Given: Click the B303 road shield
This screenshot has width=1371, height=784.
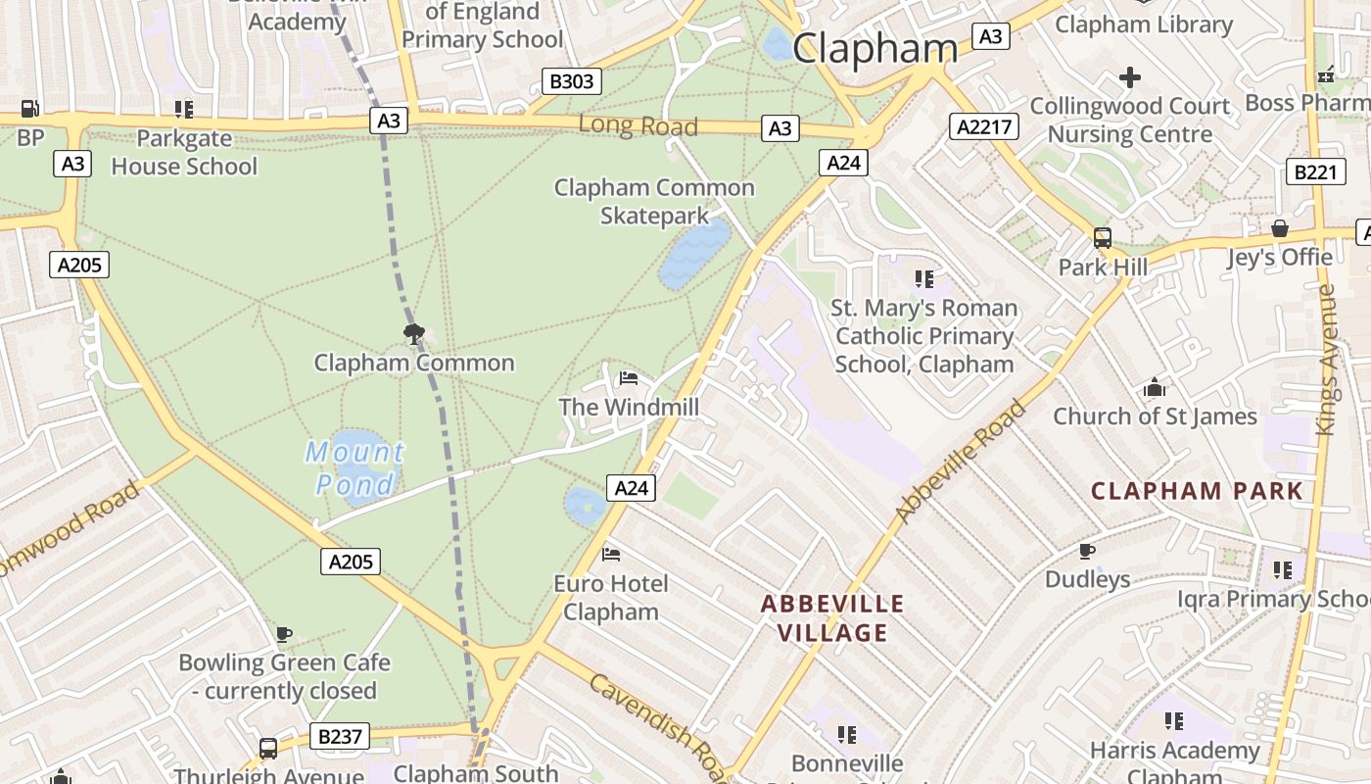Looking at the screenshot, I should point(572,81).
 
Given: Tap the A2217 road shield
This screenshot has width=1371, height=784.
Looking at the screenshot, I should point(984,126).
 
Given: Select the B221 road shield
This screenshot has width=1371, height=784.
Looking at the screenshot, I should point(1314,172).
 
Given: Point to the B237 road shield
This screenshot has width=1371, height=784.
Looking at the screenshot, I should point(341,736).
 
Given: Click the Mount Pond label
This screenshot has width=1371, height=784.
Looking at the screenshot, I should point(354,467).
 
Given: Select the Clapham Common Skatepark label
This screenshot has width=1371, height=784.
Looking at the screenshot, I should point(653,201).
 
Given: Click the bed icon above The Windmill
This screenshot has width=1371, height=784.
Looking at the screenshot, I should point(629,378).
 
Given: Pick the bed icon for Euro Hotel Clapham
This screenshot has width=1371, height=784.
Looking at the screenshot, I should point(611,555).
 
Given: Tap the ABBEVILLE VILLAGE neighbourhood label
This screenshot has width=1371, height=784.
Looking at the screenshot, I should point(832,617).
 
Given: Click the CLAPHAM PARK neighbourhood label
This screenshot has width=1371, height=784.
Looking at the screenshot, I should point(1197,491).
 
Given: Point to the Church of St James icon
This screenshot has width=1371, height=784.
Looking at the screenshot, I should point(1155,388).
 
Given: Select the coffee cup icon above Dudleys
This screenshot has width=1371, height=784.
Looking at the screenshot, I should point(1087,551).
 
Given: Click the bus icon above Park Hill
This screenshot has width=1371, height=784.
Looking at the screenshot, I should point(1103,238).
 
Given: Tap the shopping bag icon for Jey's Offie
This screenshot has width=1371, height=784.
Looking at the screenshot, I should point(1279,229).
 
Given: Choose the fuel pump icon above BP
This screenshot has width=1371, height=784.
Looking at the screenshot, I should point(30,109).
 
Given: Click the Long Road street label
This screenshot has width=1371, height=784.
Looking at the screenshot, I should point(638,125).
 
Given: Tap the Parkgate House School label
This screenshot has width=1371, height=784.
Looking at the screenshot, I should point(184,152).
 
